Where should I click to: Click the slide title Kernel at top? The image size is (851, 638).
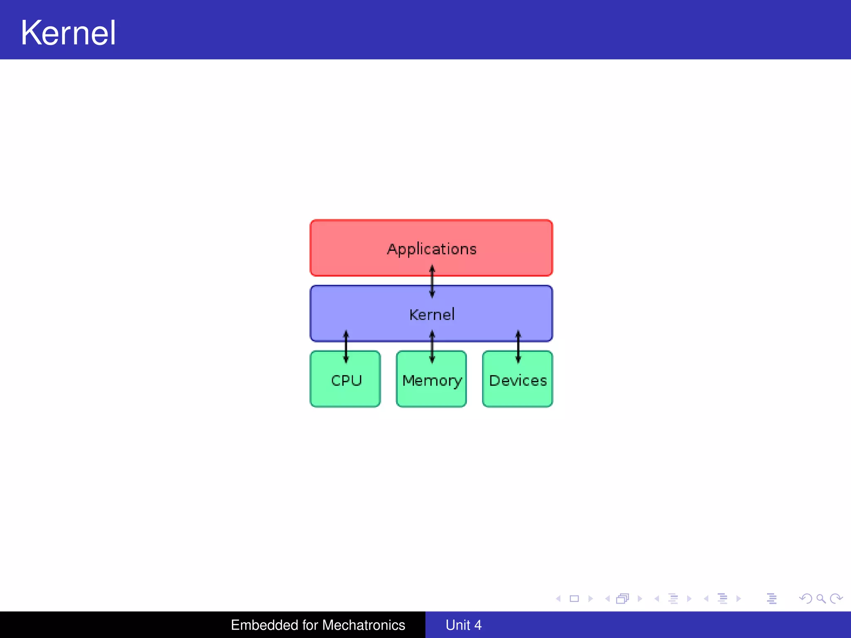[x=68, y=33]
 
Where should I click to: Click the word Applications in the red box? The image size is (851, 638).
[x=432, y=249]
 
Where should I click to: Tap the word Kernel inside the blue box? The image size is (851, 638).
[x=432, y=315]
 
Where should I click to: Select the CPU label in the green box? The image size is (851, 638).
[x=346, y=380]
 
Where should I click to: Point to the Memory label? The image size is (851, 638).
[x=432, y=381]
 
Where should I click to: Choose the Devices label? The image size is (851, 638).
[x=518, y=380]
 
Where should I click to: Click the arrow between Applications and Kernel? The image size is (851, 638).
[x=432, y=282]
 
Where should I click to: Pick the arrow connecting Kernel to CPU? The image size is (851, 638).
[x=346, y=347]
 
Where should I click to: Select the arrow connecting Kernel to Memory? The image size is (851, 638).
[x=432, y=347]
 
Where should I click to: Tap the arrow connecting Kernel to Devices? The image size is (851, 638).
[x=518, y=347]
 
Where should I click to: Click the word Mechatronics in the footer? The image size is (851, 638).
[x=363, y=625]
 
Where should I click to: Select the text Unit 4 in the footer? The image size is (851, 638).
[x=463, y=625]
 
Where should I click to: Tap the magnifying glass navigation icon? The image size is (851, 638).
[x=821, y=599]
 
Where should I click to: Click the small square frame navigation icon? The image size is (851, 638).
[x=574, y=599]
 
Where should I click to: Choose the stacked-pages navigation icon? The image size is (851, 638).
[x=622, y=599]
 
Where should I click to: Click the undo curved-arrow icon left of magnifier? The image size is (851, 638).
[x=805, y=599]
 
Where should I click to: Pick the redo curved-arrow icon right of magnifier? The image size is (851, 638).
[x=836, y=599]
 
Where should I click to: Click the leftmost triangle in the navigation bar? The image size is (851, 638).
[x=558, y=599]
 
